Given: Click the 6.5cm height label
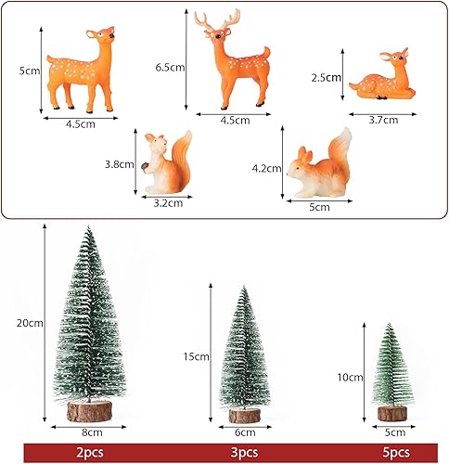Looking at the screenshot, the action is (x=170, y=68).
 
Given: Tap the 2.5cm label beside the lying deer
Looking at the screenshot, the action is (x=326, y=77).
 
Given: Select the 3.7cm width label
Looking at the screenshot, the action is (x=383, y=120).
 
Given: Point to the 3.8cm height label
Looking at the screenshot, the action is (x=120, y=164).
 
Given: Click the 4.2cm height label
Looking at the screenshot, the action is (x=266, y=168).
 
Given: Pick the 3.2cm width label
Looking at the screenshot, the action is (x=168, y=203).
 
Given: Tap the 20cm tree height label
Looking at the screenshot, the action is (x=30, y=323).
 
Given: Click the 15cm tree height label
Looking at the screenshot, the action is (x=196, y=356).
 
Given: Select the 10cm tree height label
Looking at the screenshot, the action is (x=350, y=378).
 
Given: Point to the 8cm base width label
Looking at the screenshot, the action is (x=92, y=432).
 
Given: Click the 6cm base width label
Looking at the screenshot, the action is (x=245, y=432).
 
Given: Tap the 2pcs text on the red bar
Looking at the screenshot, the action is (x=90, y=453).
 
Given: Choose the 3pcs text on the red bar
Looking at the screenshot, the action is (x=244, y=453).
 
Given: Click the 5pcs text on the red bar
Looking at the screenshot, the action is (x=396, y=453).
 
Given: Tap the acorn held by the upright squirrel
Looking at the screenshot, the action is (x=145, y=166).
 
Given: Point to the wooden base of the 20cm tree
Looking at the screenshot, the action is (x=89, y=411).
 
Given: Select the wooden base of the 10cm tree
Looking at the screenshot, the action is (x=392, y=413).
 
